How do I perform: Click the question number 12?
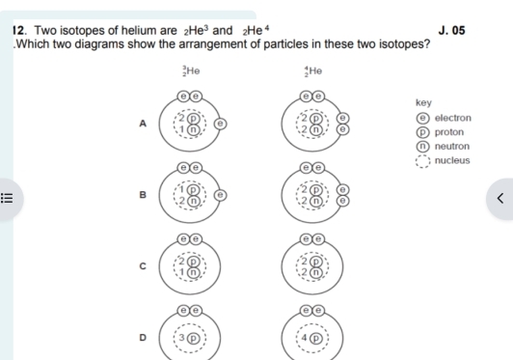pyautogui.click(x=18, y=31)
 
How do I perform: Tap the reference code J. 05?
pyautogui.click(x=451, y=31)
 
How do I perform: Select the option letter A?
pyautogui.click(x=143, y=124)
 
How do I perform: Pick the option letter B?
pyautogui.click(x=143, y=195)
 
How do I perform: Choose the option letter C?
pyautogui.click(x=143, y=266)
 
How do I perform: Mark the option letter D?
pyautogui.click(x=143, y=338)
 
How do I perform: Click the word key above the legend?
pyautogui.click(x=423, y=103)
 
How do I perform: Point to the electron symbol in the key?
pyautogui.click(x=422, y=118)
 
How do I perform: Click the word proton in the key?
pyautogui.click(x=449, y=132)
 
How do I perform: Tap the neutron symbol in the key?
pyautogui.click(x=422, y=147)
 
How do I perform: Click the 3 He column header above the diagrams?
pyautogui.click(x=191, y=70)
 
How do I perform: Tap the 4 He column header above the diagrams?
pyautogui.click(x=313, y=70)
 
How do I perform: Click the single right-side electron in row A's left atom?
pyautogui.click(x=220, y=124)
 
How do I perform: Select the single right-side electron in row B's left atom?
pyautogui.click(x=220, y=195)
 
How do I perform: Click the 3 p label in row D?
pyautogui.click(x=189, y=338)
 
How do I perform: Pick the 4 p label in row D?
pyautogui.click(x=311, y=338)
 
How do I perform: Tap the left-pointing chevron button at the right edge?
pyautogui.click(x=499, y=198)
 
